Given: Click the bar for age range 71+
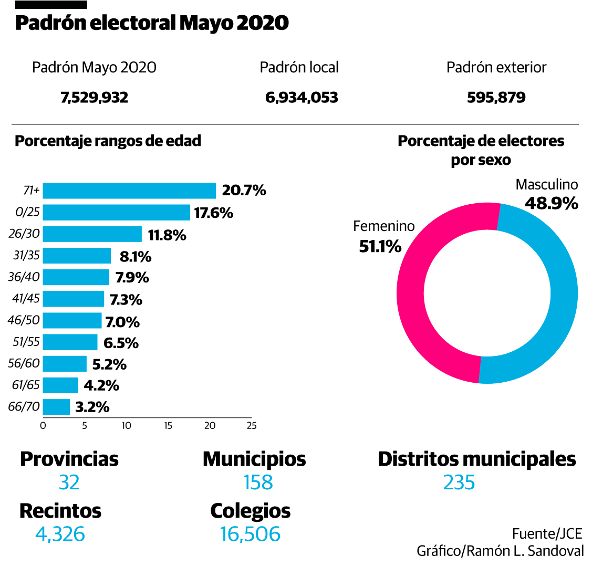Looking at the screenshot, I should click(x=129, y=191).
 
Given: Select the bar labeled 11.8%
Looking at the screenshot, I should click(x=92, y=234).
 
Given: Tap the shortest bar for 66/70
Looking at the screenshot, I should click(x=56, y=407).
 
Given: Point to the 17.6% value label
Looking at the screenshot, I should click(x=214, y=213).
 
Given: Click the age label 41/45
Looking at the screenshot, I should click(x=26, y=299).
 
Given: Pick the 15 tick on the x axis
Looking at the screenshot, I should click(x=168, y=426).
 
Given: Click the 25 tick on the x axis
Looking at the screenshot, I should click(x=252, y=426).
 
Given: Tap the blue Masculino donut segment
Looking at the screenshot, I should click(x=557, y=294).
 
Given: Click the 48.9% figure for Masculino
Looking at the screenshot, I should click(x=552, y=203).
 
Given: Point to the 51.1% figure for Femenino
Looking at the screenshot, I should click(x=380, y=246).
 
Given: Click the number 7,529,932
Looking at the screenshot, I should click(x=95, y=98).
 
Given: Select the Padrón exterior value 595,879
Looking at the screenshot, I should click(x=496, y=98).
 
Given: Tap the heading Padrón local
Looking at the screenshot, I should click(x=299, y=67).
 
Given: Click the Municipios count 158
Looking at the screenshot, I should click(x=258, y=482).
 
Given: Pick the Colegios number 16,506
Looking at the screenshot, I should click(x=251, y=534).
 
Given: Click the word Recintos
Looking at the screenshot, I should click(x=60, y=510).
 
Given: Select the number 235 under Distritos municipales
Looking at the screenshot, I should click(x=459, y=482).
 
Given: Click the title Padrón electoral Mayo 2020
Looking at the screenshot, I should click(x=152, y=23).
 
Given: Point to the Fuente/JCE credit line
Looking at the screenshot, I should click(x=547, y=533).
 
